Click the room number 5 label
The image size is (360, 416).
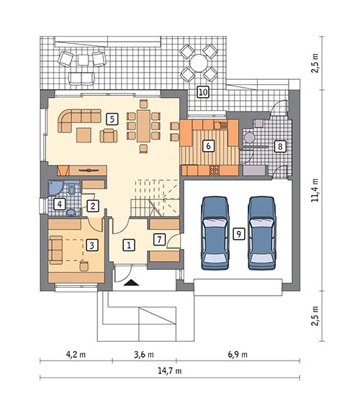(111, 117)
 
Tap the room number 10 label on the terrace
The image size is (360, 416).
(203, 91)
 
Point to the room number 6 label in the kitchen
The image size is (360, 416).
(208, 146)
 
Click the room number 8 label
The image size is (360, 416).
(280, 146)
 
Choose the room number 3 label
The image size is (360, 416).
(91, 245)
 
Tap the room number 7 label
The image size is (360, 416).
(160, 239)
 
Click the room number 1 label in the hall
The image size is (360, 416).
(128, 245)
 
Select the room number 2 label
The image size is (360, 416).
(92, 206)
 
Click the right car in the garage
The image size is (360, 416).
(262, 231)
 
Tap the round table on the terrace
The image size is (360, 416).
(198, 63)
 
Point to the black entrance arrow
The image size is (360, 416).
(131, 284)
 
